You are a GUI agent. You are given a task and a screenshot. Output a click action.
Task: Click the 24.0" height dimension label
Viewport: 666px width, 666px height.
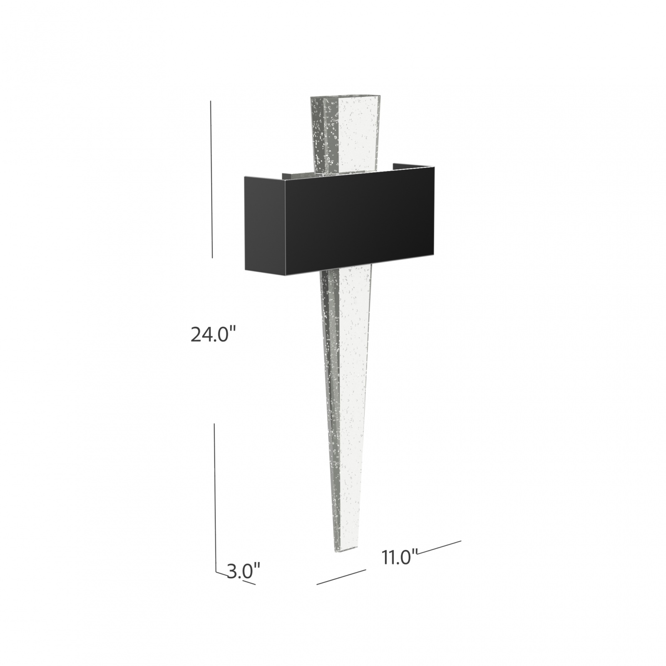pos(213,335)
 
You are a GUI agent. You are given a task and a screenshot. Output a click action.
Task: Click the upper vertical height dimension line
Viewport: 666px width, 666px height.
pos(211,179)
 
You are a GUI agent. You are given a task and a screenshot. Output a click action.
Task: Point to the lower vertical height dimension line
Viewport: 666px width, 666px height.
pos(215,495)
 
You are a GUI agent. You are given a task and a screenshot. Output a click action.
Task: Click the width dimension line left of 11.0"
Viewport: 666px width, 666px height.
pos(341,577)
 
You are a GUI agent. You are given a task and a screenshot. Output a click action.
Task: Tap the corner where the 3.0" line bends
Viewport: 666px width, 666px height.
pos(216,572)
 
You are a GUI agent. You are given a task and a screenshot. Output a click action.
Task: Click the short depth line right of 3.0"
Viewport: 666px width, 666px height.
pos(249,582)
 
